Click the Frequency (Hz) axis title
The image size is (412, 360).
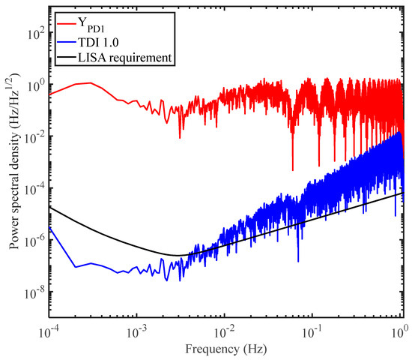coord(225,349)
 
